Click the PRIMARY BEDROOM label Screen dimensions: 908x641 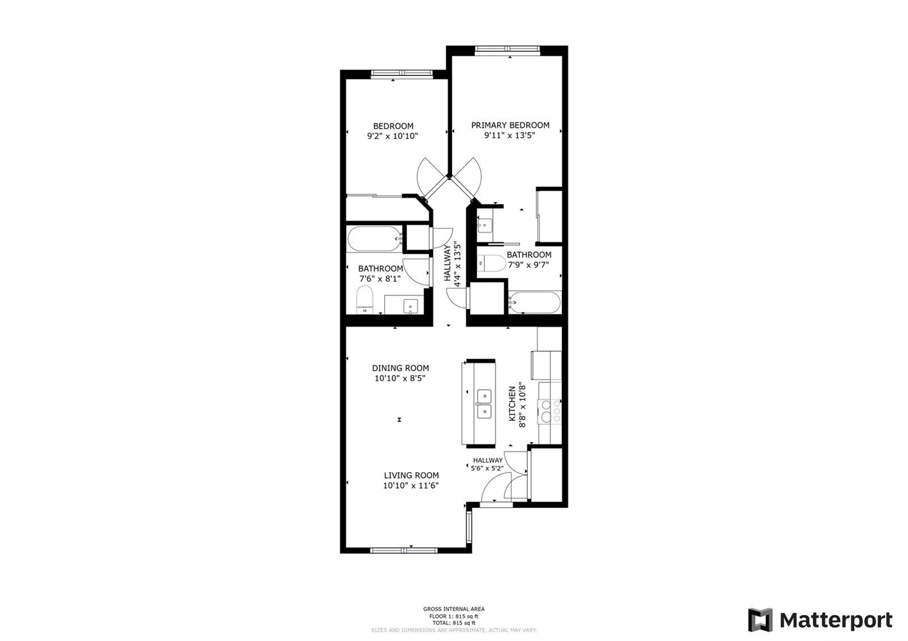click(x=510, y=125)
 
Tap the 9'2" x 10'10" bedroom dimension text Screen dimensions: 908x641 click(x=392, y=136)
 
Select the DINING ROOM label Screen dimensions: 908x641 click(x=401, y=368)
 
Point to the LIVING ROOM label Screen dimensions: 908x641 click(x=411, y=475)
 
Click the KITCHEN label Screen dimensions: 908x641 click(x=512, y=403)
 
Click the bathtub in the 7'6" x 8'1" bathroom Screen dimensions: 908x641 click(x=374, y=239)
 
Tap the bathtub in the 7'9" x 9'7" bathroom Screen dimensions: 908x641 click(x=535, y=302)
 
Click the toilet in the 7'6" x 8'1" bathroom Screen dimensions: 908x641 click(x=364, y=300)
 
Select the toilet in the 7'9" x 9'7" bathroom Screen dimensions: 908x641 click(x=491, y=263)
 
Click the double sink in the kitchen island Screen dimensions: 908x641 click(x=484, y=403)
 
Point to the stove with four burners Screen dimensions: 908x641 click(x=550, y=412)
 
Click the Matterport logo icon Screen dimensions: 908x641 click(x=760, y=621)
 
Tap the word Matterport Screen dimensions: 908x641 click(x=836, y=621)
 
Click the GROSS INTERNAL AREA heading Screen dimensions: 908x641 click(x=453, y=609)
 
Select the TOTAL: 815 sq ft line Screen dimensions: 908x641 click(x=453, y=623)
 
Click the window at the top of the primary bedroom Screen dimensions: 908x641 click(x=507, y=49)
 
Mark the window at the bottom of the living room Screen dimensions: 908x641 click(x=403, y=550)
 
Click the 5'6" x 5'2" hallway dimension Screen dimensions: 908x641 click(x=487, y=469)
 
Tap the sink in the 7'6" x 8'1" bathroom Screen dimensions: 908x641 click(x=411, y=306)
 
